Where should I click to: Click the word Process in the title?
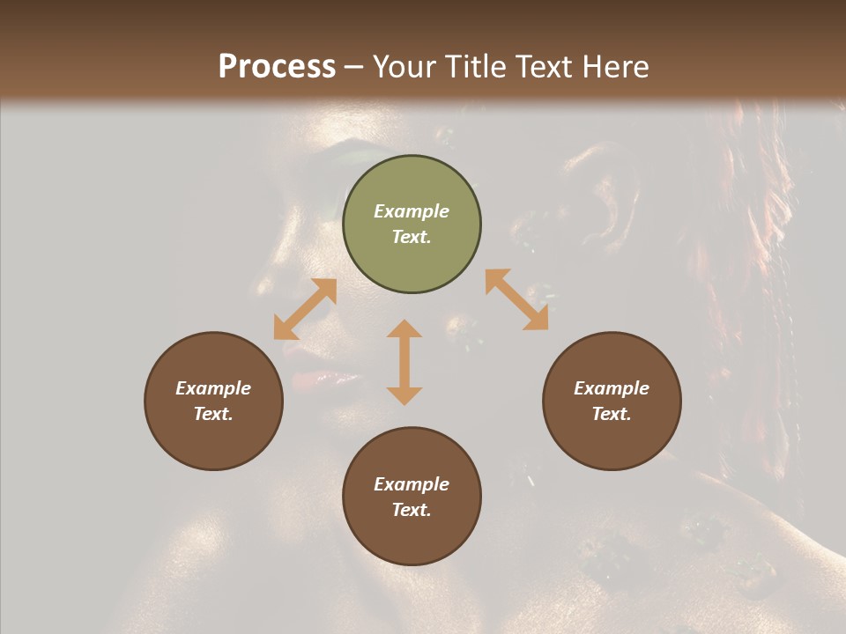[277, 66]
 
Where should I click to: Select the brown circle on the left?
[213, 401]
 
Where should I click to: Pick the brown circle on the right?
[612, 401]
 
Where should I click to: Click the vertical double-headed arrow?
[404, 362]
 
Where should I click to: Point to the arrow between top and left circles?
[305, 309]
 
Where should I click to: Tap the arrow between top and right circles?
[516, 299]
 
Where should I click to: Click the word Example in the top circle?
[412, 211]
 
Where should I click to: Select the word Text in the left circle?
[213, 414]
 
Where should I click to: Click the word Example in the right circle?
[612, 388]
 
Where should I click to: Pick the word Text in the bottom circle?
[412, 510]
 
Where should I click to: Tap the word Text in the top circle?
[412, 237]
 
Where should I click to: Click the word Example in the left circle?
[213, 388]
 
